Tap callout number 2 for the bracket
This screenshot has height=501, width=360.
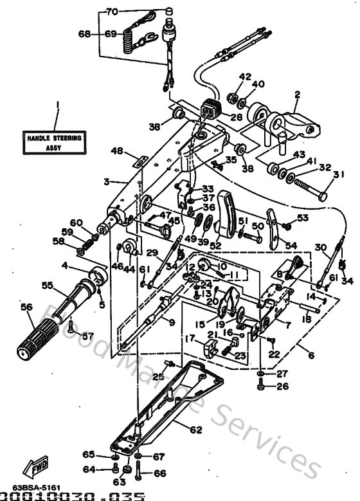(297, 94)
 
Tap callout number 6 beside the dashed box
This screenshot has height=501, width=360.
(311, 354)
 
